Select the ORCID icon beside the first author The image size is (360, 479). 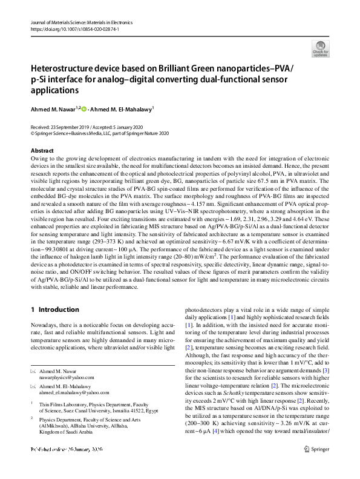pyautogui.click(x=83, y=109)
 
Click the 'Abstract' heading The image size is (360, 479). pyautogui.click(x=42, y=150)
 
